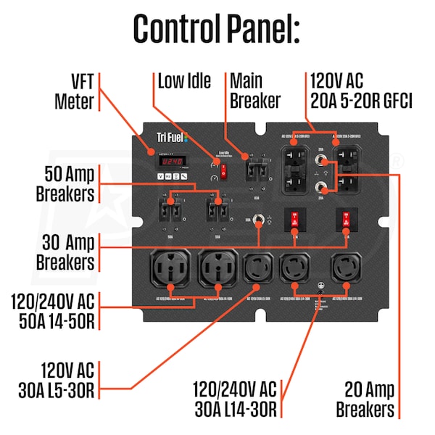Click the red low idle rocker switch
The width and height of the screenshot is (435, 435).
[224, 172]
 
